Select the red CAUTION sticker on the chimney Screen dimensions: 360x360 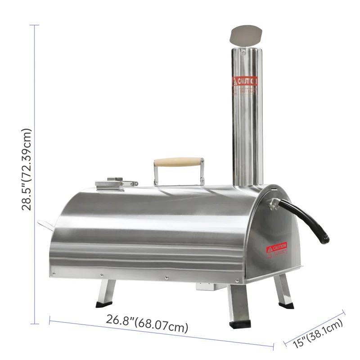click(x=245, y=81)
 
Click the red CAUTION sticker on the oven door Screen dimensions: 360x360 click(x=276, y=248)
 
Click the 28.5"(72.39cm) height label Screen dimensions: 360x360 click(x=27, y=169)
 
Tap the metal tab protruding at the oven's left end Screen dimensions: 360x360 click(x=45, y=223)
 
